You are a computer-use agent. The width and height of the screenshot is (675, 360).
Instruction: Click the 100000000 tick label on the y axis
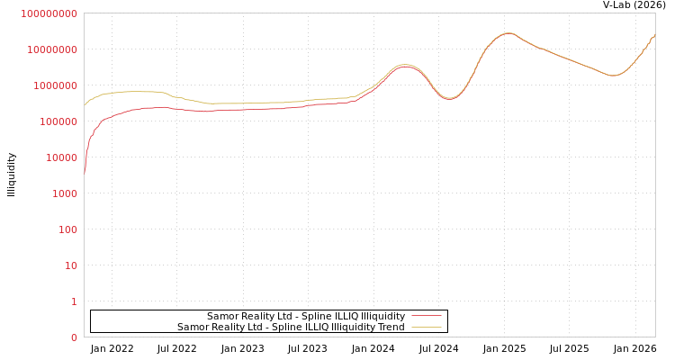pos(49,13)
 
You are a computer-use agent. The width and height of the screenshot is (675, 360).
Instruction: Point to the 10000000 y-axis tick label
pos(51,49)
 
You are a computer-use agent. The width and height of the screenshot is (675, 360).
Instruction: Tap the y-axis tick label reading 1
pos(74,301)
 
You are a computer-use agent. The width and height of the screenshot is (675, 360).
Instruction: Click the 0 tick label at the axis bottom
pos(74,337)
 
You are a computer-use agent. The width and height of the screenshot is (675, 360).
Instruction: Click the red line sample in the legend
pos(426,317)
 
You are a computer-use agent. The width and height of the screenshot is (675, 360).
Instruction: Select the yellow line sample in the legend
pos(426,328)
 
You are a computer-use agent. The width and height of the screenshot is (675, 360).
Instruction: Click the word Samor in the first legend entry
pos(221,317)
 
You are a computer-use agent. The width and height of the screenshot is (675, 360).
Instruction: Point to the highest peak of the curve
pos(508,33)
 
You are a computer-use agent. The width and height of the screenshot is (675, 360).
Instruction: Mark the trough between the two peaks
pos(450,98)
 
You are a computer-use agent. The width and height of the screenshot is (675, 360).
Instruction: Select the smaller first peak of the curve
pos(405,65)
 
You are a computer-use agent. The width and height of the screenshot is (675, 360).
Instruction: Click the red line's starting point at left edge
pos(85,173)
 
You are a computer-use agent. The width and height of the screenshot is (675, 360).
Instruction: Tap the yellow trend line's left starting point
pos(85,105)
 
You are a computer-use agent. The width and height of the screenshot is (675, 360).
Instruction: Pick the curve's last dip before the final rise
pos(614,76)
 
